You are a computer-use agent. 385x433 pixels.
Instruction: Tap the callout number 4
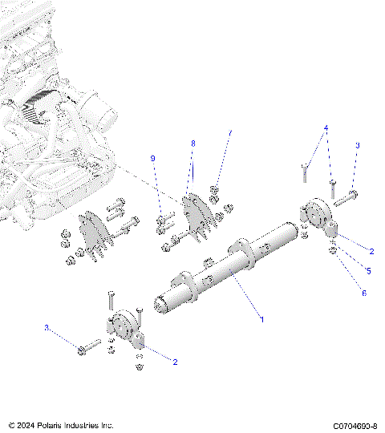(326, 128)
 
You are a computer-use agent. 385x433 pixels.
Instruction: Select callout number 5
(367, 271)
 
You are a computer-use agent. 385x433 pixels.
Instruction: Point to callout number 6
(363, 293)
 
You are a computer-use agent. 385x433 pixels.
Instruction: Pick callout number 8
(192, 143)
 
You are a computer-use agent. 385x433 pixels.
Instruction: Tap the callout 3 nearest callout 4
(358, 145)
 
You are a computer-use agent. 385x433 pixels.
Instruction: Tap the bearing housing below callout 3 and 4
(317, 217)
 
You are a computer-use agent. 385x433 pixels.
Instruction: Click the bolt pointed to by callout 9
(164, 216)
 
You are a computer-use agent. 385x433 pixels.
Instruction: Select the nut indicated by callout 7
(215, 192)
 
